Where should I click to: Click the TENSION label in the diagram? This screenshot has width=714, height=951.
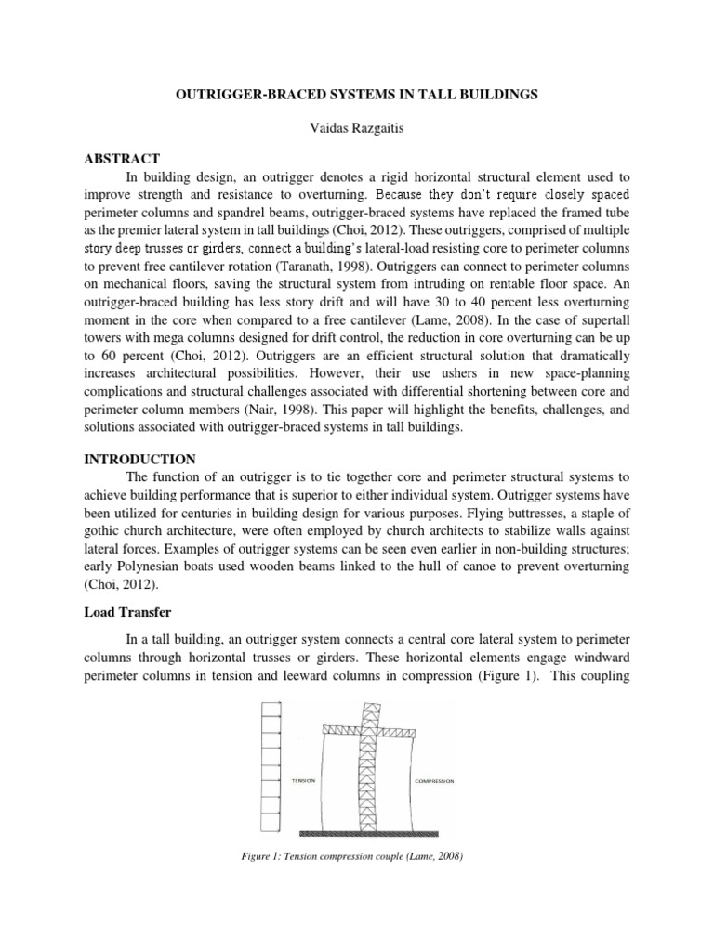[x=303, y=781]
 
